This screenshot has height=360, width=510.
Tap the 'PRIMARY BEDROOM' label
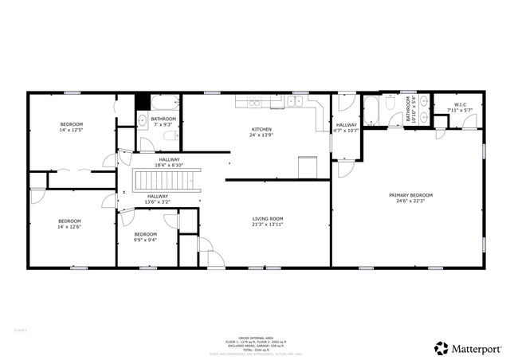click(410, 195)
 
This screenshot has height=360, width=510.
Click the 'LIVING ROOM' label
click(269, 219)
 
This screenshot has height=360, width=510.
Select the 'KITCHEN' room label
click(261, 129)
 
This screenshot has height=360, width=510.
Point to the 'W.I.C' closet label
click(460, 104)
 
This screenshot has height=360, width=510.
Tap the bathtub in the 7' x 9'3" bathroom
click(166, 102)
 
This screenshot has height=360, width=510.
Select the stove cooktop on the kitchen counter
click(255, 101)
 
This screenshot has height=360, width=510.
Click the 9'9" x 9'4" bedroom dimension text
click(145, 239)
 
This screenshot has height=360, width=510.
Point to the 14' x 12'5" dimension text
click(72, 130)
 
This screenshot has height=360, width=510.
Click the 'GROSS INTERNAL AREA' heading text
click(253, 337)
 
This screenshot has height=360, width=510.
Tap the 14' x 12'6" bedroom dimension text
click(69, 227)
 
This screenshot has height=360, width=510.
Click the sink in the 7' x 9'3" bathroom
click(142, 121)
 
